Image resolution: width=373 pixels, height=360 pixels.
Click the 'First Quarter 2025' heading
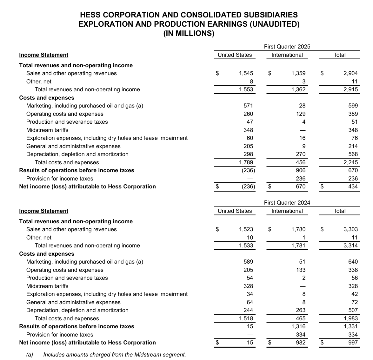pyautogui.click(x=287, y=47)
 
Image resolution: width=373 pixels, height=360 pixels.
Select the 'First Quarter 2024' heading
pyautogui.click(x=287, y=203)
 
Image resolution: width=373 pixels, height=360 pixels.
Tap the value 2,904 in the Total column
pyautogui.click(x=350, y=73)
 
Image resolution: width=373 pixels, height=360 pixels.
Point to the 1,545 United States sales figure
pyautogui.click(x=246, y=73)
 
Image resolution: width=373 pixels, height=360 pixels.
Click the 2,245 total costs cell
pyautogui.click(x=350, y=162)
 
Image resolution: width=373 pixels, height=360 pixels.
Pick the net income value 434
pyautogui.click(x=353, y=187)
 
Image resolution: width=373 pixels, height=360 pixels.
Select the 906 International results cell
pyautogui.click(x=301, y=170)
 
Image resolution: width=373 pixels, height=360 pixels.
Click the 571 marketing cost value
pyautogui.click(x=248, y=106)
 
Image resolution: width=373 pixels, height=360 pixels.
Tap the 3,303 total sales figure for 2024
pyautogui.click(x=350, y=229)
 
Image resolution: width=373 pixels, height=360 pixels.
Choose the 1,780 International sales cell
pyautogui.click(x=298, y=229)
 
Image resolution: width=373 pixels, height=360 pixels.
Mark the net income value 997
pyautogui.click(x=353, y=343)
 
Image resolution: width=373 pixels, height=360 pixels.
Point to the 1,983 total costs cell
pyautogui.click(x=350, y=318)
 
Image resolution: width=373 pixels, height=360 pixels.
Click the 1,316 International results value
pyautogui.click(x=298, y=326)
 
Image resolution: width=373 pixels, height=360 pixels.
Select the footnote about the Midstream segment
pyautogui.click(x=114, y=355)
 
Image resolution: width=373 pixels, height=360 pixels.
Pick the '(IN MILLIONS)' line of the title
pyautogui.click(x=189, y=33)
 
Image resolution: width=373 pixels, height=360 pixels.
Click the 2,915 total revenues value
pyautogui.click(x=350, y=89)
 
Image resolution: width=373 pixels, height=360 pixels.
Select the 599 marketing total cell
pyautogui.click(x=353, y=106)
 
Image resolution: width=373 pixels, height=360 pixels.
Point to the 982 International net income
pyautogui.click(x=301, y=343)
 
